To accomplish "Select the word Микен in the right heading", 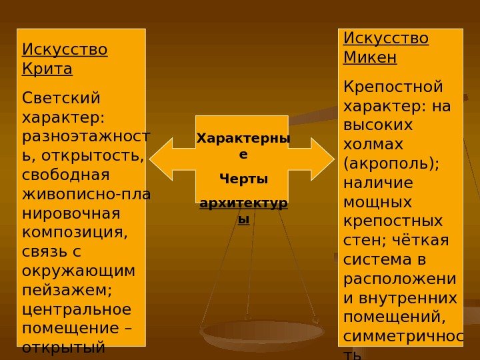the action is (x=370, y=57).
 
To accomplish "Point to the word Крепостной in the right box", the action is (x=393, y=87).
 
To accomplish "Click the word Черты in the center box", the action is (x=243, y=179).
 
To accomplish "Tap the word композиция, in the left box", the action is (x=74, y=234).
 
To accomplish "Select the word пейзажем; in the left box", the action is (x=67, y=291).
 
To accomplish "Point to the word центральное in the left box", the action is (x=77, y=310).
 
